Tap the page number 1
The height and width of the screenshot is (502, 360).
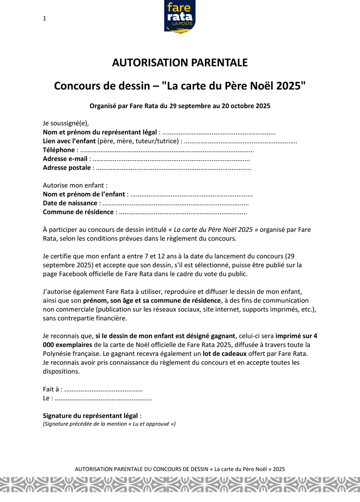pos(44,19)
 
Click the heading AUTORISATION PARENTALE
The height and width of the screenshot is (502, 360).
pos(180,63)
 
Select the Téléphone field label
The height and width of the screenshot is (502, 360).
pos(59,150)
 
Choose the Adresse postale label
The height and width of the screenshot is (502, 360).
pos(67,168)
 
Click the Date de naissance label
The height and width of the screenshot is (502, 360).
pos(70,203)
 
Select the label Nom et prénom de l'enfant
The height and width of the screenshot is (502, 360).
pos(84,194)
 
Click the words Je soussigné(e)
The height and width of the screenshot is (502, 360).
pos(66,123)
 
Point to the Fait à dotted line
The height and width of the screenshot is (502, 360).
pos(103,390)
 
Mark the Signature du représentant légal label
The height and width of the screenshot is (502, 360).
pos(90,415)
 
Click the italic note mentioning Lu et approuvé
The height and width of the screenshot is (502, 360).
pos(109,424)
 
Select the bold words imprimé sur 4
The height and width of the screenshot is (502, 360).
pos(297,336)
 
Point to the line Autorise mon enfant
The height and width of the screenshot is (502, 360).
pos(75,185)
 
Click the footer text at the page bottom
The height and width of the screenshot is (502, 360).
pos(180,469)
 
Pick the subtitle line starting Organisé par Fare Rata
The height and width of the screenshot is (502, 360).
pos(180,106)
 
